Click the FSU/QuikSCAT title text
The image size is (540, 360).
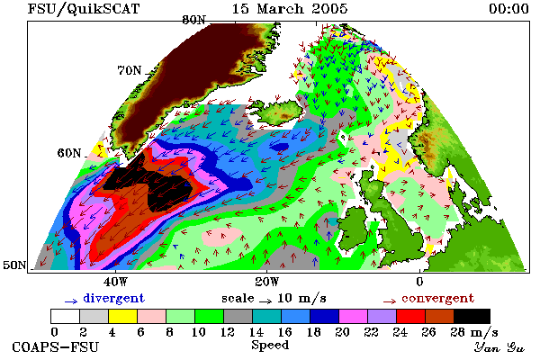[x=84, y=9]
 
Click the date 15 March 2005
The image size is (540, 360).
[x=290, y=9]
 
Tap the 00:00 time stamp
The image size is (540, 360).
[x=508, y=9]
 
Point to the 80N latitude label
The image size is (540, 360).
[x=193, y=20]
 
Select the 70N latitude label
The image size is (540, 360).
[x=130, y=70]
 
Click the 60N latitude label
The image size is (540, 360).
[x=69, y=153]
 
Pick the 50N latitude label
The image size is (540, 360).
[x=14, y=265]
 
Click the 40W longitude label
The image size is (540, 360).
[x=115, y=282]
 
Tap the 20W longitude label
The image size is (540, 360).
[x=267, y=282]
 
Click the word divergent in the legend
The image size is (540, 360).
[x=113, y=298]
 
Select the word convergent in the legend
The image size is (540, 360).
[x=437, y=298]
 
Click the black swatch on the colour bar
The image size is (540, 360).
[x=472, y=316]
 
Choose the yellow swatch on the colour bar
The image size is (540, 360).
[x=123, y=316]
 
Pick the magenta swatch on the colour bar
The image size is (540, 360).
[x=354, y=316]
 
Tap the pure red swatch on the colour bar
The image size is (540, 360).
[x=411, y=316]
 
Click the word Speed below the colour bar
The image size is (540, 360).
[x=270, y=346]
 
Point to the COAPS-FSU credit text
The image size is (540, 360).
[x=55, y=346]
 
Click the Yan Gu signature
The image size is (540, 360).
[x=499, y=347]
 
